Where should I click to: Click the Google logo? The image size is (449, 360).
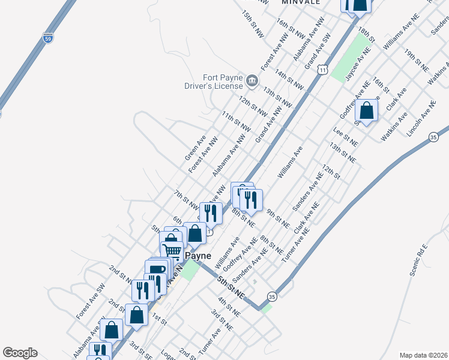[x=20, y=353]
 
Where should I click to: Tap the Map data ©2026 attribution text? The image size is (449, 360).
[x=424, y=355]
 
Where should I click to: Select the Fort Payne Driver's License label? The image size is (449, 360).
[x=214, y=82]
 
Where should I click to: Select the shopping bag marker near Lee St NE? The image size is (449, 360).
[x=367, y=111]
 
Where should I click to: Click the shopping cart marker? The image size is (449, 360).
[x=172, y=250]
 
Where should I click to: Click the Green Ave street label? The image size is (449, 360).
[x=196, y=147]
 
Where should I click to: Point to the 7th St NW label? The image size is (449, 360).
[x=186, y=199]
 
